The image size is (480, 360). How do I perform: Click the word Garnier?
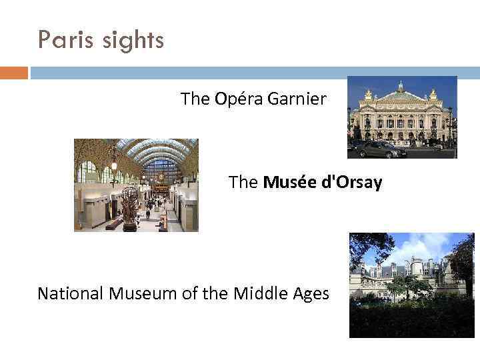(x=297, y=99)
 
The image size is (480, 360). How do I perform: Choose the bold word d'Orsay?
(x=350, y=182)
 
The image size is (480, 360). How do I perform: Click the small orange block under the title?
(x=14, y=73)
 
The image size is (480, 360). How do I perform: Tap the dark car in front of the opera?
(x=381, y=149)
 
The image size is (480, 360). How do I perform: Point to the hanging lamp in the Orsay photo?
(x=114, y=162)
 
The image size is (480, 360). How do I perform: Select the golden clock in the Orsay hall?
(x=160, y=179)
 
